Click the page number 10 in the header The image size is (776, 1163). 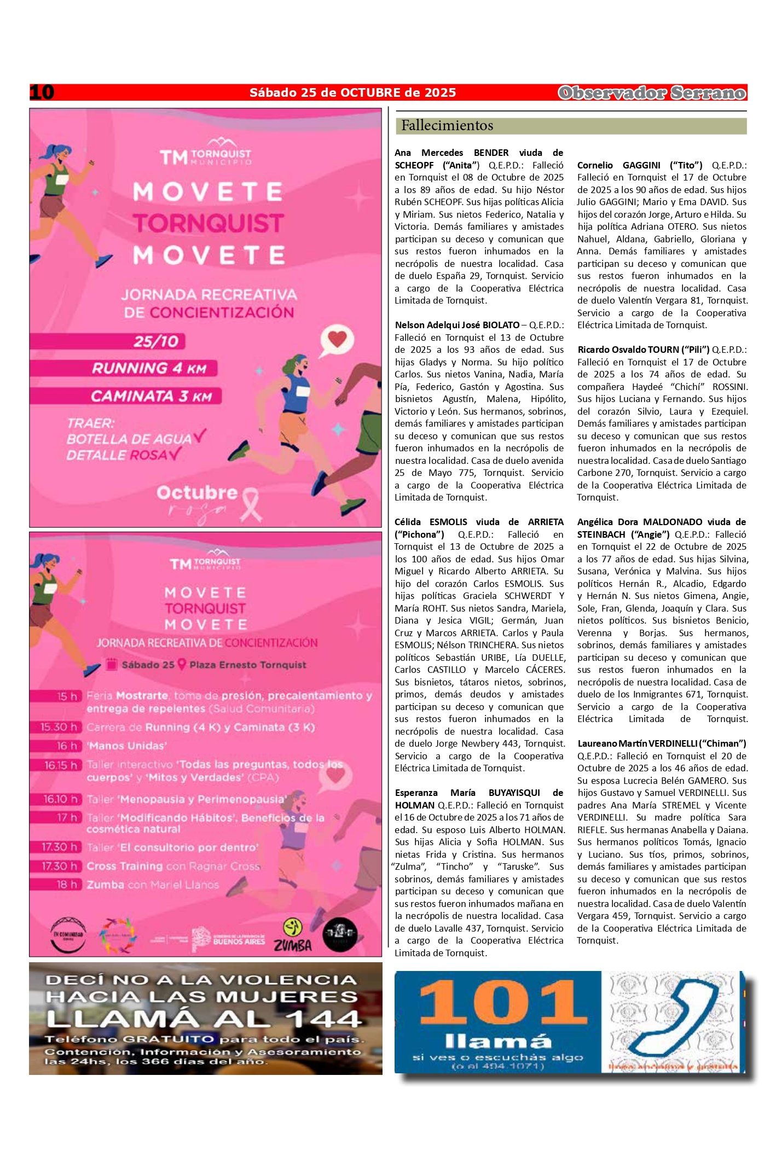(x=42, y=92)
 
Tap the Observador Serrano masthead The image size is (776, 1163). (x=652, y=93)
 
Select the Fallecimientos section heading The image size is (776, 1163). (x=447, y=126)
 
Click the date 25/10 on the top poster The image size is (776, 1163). (x=156, y=341)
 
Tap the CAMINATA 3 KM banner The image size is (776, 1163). (x=151, y=396)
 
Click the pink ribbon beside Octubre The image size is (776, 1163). (x=251, y=504)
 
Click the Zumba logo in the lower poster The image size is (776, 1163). (x=293, y=935)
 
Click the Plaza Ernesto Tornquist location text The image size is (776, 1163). (x=247, y=665)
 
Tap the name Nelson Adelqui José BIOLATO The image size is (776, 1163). (x=457, y=325)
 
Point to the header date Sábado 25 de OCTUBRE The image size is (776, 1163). (x=352, y=92)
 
